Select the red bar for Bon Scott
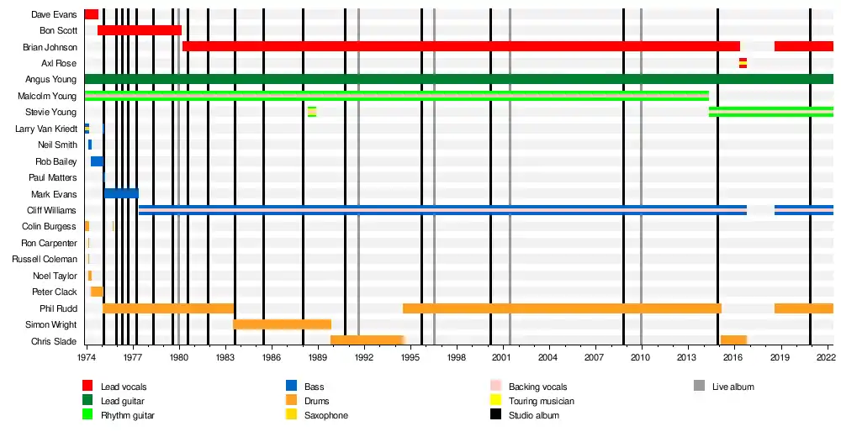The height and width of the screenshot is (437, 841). tap(140, 30)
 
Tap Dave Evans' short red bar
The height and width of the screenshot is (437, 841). tap(91, 14)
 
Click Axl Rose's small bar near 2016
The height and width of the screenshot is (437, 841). tap(743, 63)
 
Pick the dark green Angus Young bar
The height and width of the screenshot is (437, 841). tap(458, 79)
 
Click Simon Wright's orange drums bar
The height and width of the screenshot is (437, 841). tap(282, 324)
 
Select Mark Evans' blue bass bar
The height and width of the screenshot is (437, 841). tap(121, 193)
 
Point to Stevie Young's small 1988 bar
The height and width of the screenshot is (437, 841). tap(312, 112)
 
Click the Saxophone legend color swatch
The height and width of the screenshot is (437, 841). tap(292, 415)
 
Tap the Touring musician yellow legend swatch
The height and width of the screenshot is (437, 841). tap(496, 401)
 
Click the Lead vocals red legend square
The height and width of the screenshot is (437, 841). tap(87, 387)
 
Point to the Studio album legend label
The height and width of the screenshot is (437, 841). tap(533, 415)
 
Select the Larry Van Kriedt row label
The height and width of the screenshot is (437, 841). tap(46, 129)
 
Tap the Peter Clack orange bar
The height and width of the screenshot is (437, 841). tap(97, 292)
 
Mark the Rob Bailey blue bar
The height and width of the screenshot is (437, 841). tap(97, 161)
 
